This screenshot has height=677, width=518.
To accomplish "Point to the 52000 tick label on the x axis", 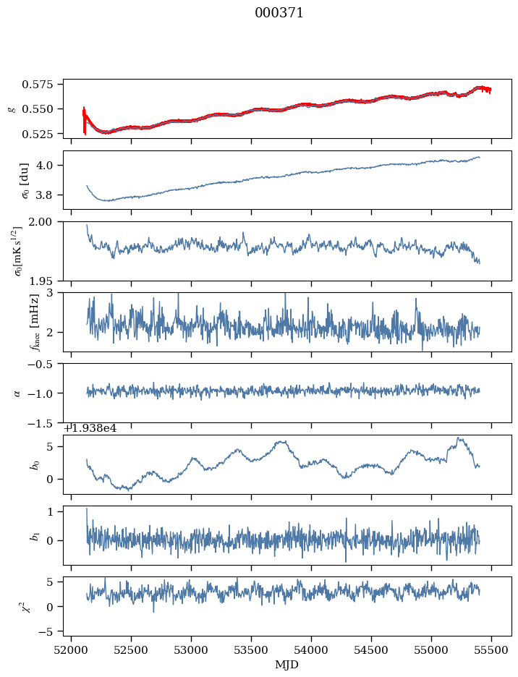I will pyautogui.click(x=71, y=650).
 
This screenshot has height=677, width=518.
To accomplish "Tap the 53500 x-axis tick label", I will pyautogui.click(x=252, y=650).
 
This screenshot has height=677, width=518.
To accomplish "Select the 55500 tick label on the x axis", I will pyautogui.click(x=492, y=650).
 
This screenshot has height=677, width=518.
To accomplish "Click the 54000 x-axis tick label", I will pyautogui.click(x=312, y=650).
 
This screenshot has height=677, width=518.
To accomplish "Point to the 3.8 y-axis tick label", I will pyautogui.click(x=49, y=195).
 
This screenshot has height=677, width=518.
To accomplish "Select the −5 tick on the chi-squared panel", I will pyautogui.click(x=50, y=631).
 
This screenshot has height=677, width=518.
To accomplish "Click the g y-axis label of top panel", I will pyautogui.click(x=11, y=109).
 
